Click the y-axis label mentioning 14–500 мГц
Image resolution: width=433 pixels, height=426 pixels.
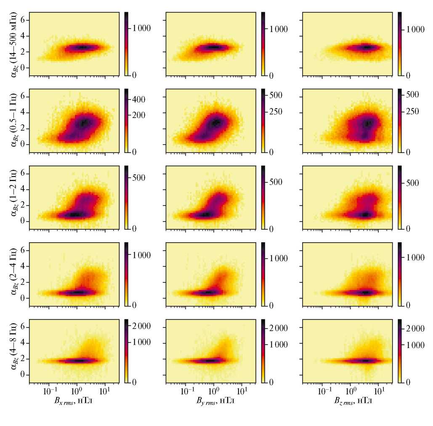pos(15,44)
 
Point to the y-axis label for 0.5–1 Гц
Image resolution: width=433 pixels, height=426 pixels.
pos(15,121)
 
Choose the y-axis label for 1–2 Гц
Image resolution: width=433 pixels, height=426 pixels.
pos(15,198)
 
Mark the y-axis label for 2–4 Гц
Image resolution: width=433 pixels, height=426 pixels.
pos(15,274)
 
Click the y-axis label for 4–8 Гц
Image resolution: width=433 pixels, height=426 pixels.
pos(15,351)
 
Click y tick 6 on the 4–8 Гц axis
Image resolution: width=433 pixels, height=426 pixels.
pos(24,327)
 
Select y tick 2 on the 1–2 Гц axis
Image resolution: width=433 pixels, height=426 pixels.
pos(24,205)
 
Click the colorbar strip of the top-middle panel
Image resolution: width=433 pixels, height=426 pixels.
pos(263,44)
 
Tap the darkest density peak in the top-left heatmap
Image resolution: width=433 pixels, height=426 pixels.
pos(82,48)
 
